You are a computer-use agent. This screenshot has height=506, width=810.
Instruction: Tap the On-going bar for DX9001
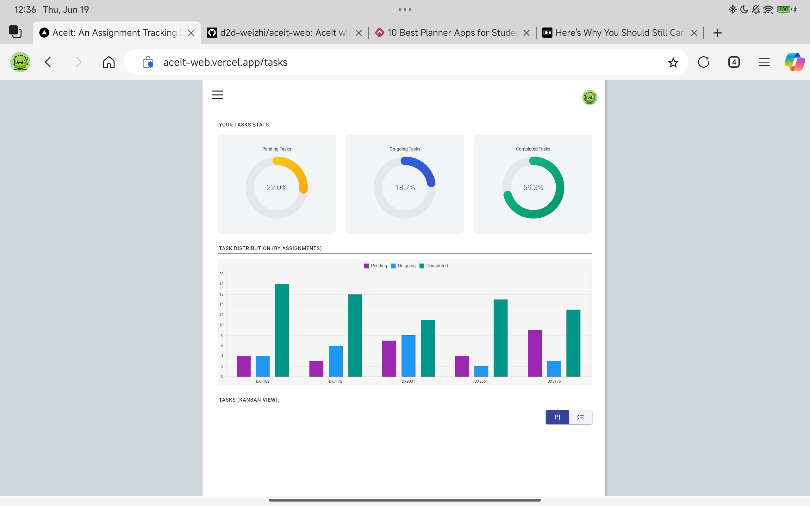pyautogui.click(x=408, y=356)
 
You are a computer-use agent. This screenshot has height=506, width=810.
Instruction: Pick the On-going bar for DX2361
pyautogui.click(x=481, y=371)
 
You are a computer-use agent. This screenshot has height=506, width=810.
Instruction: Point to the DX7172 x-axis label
pyautogui.click(x=335, y=381)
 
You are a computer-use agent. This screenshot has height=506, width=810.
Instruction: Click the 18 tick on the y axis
pyautogui.click(x=221, y=284)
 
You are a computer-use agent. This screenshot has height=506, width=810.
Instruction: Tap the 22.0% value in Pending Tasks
pyautogui.click(x=277, y=188)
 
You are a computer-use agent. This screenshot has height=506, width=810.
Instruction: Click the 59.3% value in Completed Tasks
pyautogui.click(x=533, y=188)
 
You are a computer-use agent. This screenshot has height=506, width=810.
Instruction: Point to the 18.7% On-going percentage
pyautogui.click(x=405, y=188)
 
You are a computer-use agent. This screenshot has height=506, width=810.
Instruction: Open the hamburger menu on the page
pyautogui.click(x=218, y=95)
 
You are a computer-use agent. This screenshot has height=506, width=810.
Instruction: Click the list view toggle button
pyautogui.click(x=580, y=417)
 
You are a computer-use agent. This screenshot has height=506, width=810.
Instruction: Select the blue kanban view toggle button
pyautogui.click(x=557, y=417)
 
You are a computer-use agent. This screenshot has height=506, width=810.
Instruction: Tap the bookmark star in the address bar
pyautogui.click(x=673, y=62)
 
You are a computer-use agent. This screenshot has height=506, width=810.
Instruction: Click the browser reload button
pyautogui.click(x=704, y=62)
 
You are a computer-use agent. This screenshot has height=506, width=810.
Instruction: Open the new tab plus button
pyautogui.click(x=717, y=33)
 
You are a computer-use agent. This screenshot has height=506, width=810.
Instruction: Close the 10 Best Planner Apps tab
pyautogui.click(x=526, y=33)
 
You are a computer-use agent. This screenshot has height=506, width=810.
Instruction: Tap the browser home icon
pyautogui.click(x=109, y=62)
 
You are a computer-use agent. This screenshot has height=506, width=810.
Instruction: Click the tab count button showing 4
pyautogui.click(x=734, y=62)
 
